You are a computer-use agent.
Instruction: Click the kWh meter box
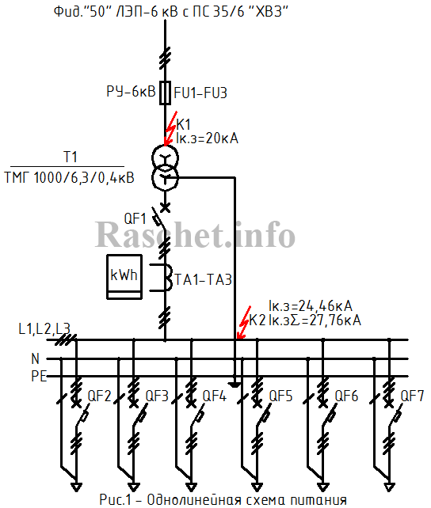[x=124, y=277]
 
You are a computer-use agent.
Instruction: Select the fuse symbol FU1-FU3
[x=165, y=93]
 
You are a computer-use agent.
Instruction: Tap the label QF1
[x=135, y=219]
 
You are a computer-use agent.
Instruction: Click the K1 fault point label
[x=183, y=125]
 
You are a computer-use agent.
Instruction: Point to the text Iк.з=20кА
[x=208, y=138]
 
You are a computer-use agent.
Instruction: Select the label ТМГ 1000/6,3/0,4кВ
[x=70, y=178]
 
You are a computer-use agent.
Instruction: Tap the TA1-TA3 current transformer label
[x=204, y=280]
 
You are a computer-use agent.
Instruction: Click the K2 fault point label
[x=257, y=320]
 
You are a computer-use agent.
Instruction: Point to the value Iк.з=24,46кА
[x=311, y=306]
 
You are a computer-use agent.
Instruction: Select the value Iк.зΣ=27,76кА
[x=315, y=320]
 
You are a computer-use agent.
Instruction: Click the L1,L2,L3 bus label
[x=44, y=329]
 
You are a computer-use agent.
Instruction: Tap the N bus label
[x=35, y=359]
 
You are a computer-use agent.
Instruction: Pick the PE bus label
[x=39, y=377]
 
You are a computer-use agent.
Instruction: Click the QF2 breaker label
[x=100, y=396]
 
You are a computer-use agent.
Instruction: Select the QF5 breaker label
[x=280, y=396]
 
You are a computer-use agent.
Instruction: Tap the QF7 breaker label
[x=412, y=396]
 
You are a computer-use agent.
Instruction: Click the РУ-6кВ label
[x=131, y=91]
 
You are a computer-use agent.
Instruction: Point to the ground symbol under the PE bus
[x=235, y=385]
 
